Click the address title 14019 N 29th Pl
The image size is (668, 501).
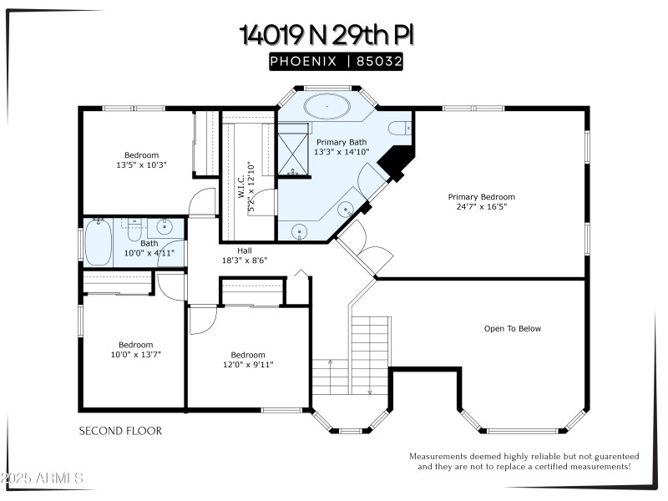pos(326,34)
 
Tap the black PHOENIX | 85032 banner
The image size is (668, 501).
pos(336,62)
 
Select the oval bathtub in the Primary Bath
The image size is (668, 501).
pos(326,107)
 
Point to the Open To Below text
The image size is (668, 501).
pos(512,328)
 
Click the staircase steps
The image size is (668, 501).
pos(370,342)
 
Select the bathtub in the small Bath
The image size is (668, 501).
pos(99,242)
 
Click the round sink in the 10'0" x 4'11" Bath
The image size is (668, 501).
pos(164,226)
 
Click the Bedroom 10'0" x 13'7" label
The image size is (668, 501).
pos(135,349)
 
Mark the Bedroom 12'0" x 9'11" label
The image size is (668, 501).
pos(248,359)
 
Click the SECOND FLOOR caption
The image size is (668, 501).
pos(120,431)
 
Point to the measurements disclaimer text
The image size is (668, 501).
pos(524,461)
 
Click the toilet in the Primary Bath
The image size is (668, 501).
pos(402,128)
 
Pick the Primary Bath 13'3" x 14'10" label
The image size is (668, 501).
pos(341,147)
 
